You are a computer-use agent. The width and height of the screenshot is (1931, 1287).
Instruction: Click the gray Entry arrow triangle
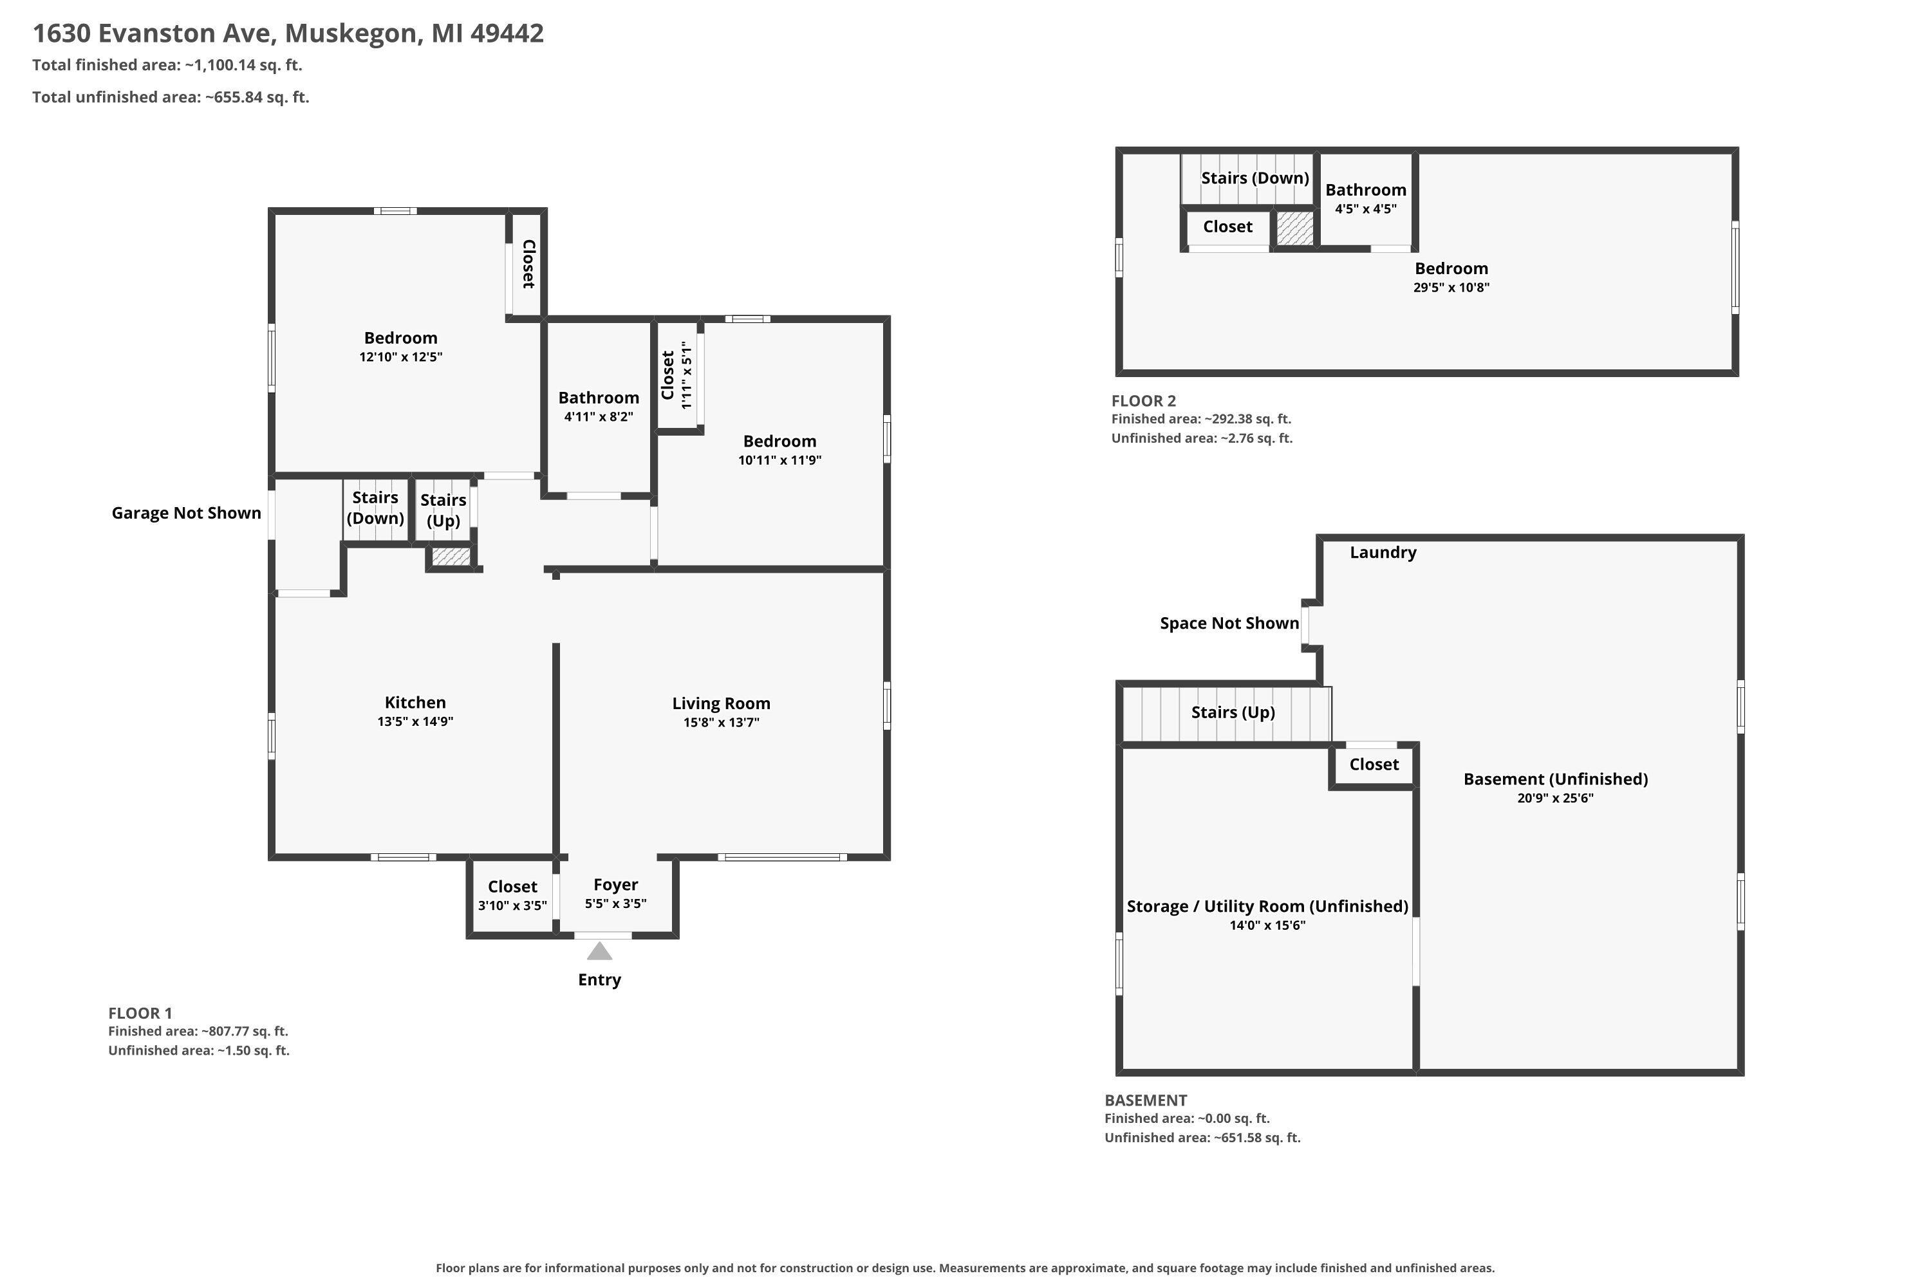[599, 951]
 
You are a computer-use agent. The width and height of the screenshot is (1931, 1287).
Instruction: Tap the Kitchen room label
[415, 703]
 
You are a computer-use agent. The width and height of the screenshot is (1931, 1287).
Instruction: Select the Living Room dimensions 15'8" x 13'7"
[721, 722]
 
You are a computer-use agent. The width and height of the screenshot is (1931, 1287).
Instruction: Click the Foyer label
[616, 885]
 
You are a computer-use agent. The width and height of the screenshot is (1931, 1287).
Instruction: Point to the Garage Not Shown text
[187, 513]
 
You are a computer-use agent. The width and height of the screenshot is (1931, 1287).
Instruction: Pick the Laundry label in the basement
[1383, 552]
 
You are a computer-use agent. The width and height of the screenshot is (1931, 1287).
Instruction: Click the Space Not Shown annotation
[1229, 623]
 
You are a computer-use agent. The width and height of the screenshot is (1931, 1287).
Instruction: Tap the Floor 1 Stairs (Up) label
[443, 510]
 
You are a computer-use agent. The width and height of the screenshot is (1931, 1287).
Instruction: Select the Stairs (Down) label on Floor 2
[1255, 178]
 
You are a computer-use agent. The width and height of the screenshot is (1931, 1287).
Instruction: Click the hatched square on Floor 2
[1294, 227]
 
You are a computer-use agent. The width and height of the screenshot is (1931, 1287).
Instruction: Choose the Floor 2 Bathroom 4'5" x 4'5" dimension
[1365, 208]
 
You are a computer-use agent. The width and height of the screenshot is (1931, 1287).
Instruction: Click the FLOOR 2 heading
[1144, 400]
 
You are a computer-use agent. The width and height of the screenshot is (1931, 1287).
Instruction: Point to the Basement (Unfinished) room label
[1555, 779]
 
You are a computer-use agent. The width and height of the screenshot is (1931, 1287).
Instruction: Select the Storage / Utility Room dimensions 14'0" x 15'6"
[1267, 925]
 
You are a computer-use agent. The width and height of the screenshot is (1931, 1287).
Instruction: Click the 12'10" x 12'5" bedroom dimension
[400, 357]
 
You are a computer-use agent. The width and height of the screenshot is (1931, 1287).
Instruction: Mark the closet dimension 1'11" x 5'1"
[687, 376]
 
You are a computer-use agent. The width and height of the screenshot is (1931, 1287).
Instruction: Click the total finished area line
[167, 65]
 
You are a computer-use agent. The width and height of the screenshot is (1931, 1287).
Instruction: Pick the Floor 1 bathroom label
[599, 398]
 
